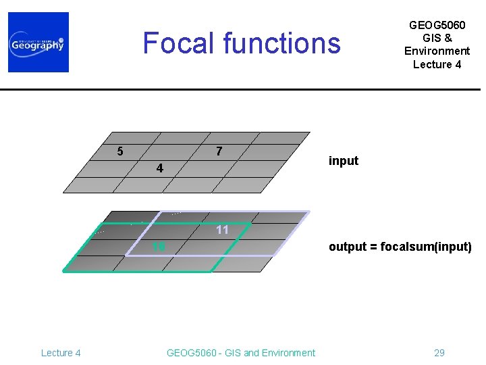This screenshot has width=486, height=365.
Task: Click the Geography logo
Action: click(38, 42)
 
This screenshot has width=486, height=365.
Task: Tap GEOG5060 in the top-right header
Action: click(437, 25)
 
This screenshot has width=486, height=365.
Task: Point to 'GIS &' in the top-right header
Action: click(437, 38)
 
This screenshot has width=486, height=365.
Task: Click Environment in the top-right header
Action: click(437, 51)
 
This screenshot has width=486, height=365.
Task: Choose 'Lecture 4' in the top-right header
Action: click(437, 64)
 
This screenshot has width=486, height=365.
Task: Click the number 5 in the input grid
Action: click(120, 151)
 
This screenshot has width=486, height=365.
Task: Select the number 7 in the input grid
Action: click(219, 150)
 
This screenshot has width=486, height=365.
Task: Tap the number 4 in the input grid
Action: click(159, 168)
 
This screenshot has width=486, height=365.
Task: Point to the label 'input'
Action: click(343, 161)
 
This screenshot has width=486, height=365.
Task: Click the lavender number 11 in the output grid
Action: click(223, 230)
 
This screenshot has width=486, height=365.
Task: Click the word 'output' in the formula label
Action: click(346, 247)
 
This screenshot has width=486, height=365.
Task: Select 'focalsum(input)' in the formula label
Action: click(426, 247)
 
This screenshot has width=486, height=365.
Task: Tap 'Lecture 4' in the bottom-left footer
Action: click(61, 352)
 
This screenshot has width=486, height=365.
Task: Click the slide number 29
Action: click(439, 352)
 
